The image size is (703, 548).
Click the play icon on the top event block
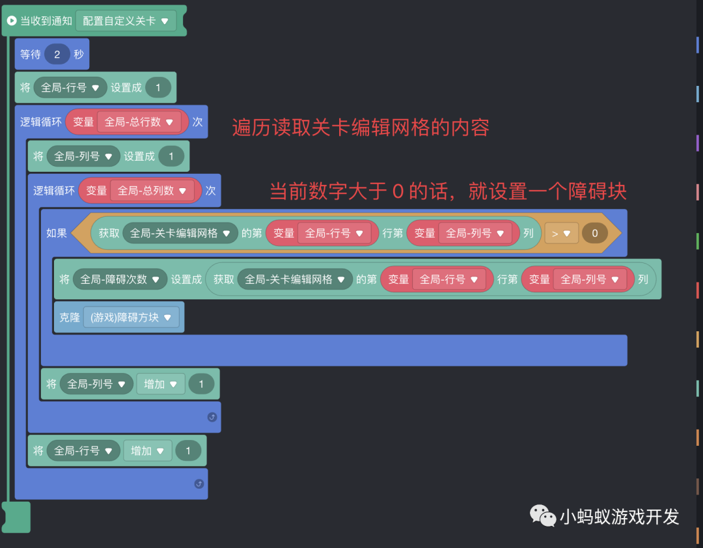[11, 21]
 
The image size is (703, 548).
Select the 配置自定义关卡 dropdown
[126, 21]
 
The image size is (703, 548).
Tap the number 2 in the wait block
[57, 55]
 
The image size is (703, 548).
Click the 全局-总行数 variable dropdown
[139, 122]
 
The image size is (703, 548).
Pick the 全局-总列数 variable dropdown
[152, 191]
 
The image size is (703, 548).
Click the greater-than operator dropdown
[560, 233]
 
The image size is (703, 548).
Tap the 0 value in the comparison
[594, 233]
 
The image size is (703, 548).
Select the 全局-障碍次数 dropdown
[119, 279]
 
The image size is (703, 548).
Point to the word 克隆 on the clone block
[70, 318]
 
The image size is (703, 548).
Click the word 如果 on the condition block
[57, 233]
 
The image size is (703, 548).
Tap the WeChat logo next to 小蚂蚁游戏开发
[543, 515]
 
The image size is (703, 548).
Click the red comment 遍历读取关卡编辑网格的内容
[360, 128]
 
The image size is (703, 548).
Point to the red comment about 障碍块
[448, 191]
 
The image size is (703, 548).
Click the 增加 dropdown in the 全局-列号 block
[160, 384]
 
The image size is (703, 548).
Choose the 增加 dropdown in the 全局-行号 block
[147, 450]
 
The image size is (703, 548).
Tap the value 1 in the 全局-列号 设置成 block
[171, 156]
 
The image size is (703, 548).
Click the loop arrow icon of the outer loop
[199, 484]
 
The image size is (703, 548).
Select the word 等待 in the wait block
[31, 55]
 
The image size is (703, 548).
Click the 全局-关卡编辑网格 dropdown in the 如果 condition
[180, 233]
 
